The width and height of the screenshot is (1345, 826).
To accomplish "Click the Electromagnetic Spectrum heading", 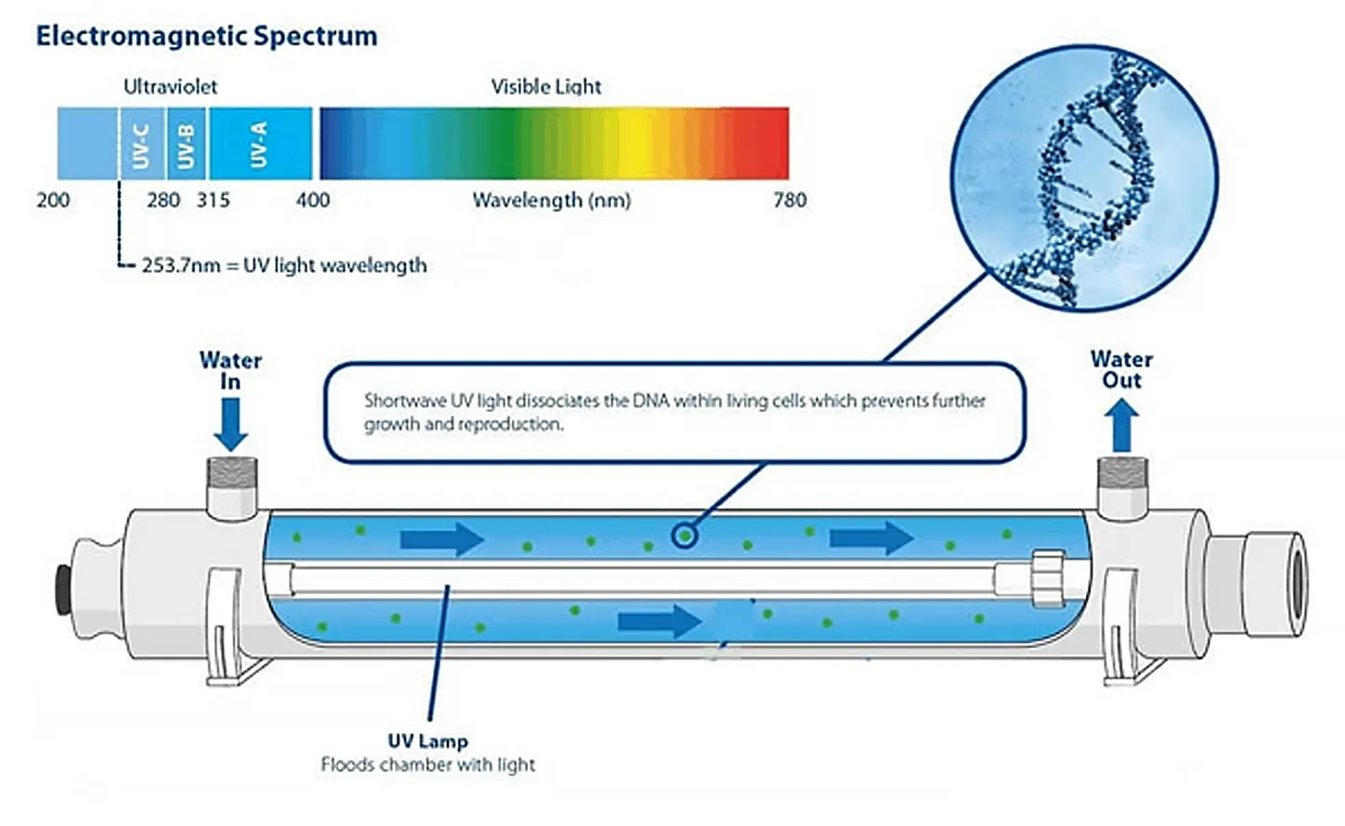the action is point(206,36).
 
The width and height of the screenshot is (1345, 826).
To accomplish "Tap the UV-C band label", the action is point(140,146).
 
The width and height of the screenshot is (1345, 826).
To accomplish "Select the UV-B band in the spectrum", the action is point(187,144).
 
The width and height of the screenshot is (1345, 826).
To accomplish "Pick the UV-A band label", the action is point(258,145).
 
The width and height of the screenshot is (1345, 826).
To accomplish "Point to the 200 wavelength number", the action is point(53,200).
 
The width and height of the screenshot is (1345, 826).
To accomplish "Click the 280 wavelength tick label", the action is point(163,200).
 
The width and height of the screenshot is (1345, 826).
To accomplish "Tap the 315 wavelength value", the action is point(213,200).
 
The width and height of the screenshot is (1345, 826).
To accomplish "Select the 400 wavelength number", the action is point(313,200).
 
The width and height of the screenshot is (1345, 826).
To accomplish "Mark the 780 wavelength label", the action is point(790,200).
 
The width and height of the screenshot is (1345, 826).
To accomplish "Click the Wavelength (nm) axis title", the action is point(552,200).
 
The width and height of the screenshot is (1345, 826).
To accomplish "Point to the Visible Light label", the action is point(546,87).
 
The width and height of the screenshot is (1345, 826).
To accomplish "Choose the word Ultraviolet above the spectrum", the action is point(171,87).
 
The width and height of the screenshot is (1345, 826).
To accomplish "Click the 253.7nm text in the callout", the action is point(181,265).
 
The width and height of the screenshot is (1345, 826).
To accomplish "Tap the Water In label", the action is point(230,370).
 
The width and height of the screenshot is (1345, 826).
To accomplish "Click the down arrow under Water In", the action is point(230,425).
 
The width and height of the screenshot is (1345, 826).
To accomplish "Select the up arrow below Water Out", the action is point(1121,425).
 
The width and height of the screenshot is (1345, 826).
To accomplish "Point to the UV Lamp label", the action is point(427,741).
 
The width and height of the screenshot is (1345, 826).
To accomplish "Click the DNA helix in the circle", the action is point(1087,180).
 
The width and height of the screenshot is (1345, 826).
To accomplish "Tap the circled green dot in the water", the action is point(685,536).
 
